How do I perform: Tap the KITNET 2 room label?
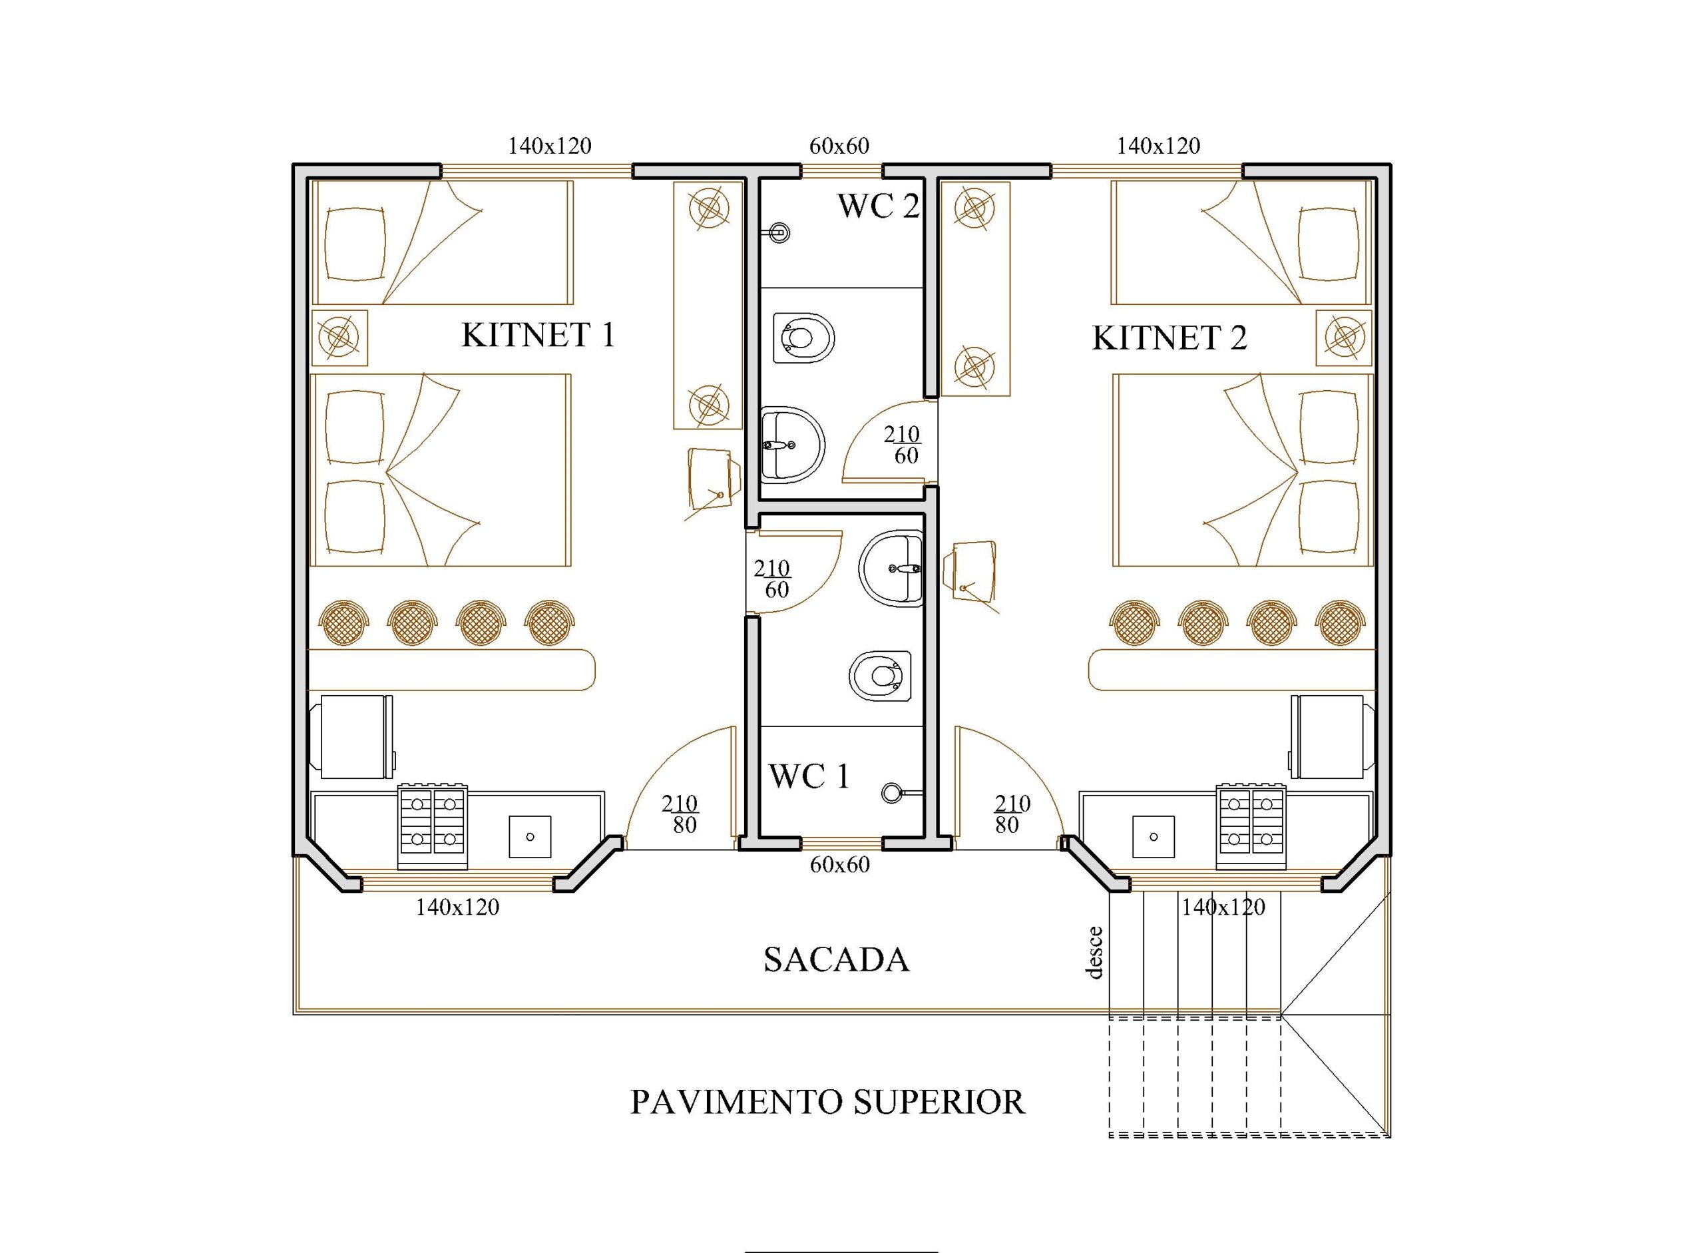click(1169, 338)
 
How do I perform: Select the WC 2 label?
click(878, 206)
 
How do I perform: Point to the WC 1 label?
click(809, 776)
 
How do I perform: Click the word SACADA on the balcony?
click(836, 960)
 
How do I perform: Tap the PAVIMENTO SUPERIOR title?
click(827, 1102)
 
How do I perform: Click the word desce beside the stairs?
click(1094, 953)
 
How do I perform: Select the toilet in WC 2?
click(804, 338)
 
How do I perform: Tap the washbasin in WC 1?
click(891, 569)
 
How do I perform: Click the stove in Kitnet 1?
click(432, 827)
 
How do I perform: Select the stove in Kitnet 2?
click(1251, 827)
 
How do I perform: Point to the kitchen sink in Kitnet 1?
click(529, 838)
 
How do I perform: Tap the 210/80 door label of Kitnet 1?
click(680, 814)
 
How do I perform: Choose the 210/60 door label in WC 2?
click(903, 445)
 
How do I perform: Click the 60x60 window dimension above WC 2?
click(839, 146)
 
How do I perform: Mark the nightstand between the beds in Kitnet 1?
click(339, 337)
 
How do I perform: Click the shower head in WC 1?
click(893, 792)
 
